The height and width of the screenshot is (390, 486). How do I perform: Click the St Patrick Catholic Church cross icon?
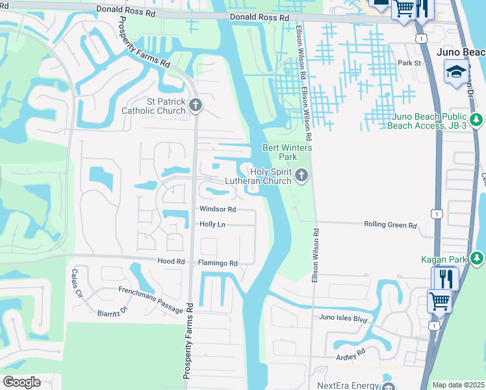pos(194,104)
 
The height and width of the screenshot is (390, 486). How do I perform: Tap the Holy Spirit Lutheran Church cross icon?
pos(301,174)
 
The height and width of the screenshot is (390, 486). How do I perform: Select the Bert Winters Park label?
pos(287,152)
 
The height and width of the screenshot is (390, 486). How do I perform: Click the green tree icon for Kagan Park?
pos(477,259)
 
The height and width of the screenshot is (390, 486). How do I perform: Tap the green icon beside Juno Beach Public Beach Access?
pos(477,120)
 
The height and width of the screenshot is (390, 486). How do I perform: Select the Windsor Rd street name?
pos(217,209)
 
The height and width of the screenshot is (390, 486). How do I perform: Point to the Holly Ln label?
pos(212,224)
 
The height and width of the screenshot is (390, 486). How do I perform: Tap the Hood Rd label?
pos(172,261)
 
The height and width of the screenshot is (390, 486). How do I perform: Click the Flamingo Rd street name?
pos(218,263)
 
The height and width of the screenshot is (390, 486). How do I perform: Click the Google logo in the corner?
pos(21,382)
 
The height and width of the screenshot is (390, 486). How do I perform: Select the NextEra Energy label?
pos(347,385)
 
